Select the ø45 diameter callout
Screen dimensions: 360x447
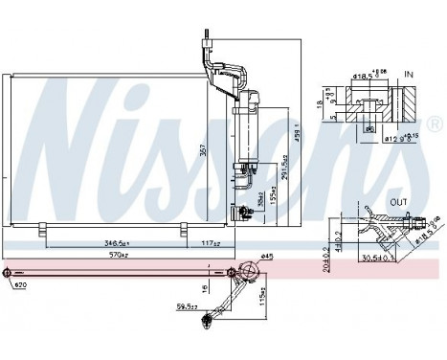coord(267,256)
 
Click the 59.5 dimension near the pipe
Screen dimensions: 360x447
coord(187,307)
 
